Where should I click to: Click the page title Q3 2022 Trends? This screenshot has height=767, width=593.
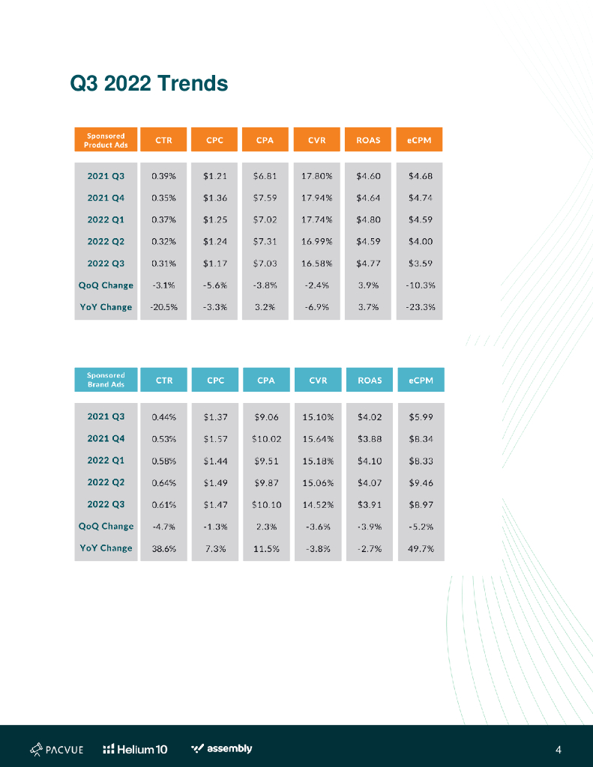(x=148, y=83)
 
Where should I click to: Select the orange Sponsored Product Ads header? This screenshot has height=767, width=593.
(x=106, y=140)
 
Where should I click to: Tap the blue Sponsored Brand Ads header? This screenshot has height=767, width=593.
(x=106, y=380)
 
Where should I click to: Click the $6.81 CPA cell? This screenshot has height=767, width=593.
(x=265, y=177)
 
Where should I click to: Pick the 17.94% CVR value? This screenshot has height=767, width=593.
(x=317, y=198)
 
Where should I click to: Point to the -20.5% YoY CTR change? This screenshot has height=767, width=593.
(x=163, y=307)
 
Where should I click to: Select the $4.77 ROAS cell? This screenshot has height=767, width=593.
(x=369, y=264)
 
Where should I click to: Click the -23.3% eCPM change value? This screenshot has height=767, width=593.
(x=421, y=307)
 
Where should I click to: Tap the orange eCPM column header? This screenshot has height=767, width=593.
(x=420, y=140)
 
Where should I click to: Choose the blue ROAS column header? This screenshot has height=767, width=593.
(x=370, y=380)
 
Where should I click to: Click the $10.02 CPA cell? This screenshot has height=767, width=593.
(x=265, y=438)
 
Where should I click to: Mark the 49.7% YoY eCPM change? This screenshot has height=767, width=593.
(x=421, y=548)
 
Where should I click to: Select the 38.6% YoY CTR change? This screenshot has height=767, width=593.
(x=163, y=548)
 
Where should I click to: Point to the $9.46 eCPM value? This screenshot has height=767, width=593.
(x=421, y=483)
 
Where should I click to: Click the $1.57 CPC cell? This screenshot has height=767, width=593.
(x=215, y=438)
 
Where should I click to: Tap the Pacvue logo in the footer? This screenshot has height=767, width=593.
(x=56, y=749)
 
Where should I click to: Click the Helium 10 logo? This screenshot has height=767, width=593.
(x=135, y=749)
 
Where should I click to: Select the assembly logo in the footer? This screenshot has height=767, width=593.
(x=222, y=749)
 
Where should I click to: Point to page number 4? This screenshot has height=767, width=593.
(x=559, y=750)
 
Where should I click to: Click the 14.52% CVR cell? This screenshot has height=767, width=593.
(x=317, y=505)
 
